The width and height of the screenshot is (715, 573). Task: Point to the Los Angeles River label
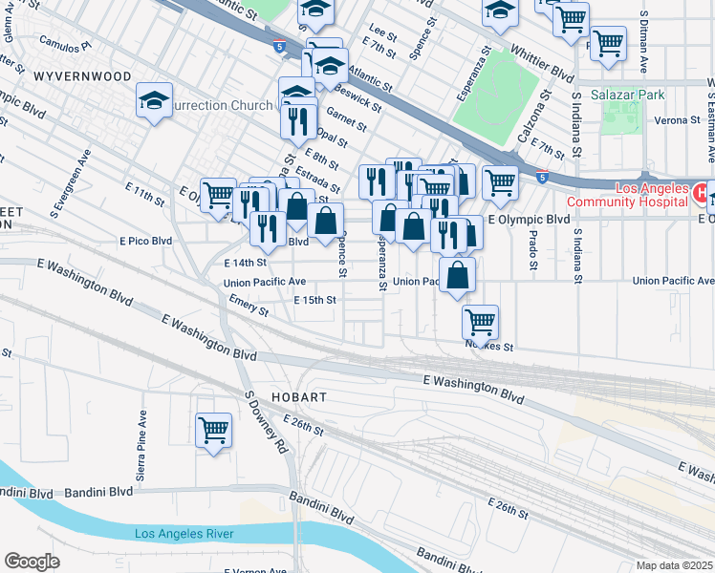click(189, 533)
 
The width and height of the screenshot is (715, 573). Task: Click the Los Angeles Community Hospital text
click(627, 194)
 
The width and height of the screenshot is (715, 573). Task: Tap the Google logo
click(32, 562)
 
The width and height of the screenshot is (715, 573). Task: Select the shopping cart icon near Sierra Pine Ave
click(213, 429)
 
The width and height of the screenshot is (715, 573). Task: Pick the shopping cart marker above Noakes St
click(479, 321)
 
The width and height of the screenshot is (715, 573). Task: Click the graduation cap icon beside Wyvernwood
click(154, 100)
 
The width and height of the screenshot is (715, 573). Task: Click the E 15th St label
click(315, 300)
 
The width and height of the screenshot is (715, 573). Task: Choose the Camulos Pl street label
click(64, 44)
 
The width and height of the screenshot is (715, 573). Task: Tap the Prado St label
click(532, 250)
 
